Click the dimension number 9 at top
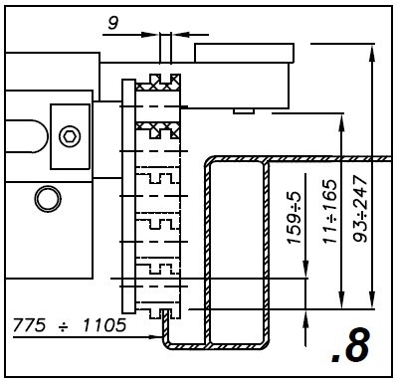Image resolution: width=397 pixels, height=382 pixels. click(x=112, y=23)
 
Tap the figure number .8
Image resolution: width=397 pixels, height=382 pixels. click(x=351, y=346)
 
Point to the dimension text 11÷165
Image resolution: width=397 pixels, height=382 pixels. click(x=330, y=212)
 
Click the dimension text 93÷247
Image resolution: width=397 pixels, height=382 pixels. click(x=360, y=209)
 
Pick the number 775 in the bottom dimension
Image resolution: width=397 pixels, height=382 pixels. click(x=29, y=325)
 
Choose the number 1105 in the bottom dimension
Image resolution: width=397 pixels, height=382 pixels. click(x=104, y=325)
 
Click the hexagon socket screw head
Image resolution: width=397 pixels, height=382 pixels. click(x=70, y=136)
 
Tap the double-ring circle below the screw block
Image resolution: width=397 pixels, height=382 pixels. click(x=48, y=199)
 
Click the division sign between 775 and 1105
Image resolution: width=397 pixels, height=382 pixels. click(x=64, y=326)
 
